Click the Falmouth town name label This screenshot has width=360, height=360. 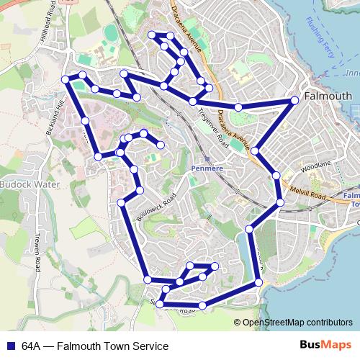pos(328,96)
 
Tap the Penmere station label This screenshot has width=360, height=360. pos(207,168)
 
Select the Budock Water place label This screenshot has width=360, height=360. pos(30,185)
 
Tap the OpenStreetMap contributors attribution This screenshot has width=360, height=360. pos(298,323)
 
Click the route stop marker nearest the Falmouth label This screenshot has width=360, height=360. pos(295,101)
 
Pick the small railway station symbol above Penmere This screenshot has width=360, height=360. pos(207,158)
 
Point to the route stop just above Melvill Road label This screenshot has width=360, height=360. pos(276,175)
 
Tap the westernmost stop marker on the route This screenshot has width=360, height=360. pos(66,78)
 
